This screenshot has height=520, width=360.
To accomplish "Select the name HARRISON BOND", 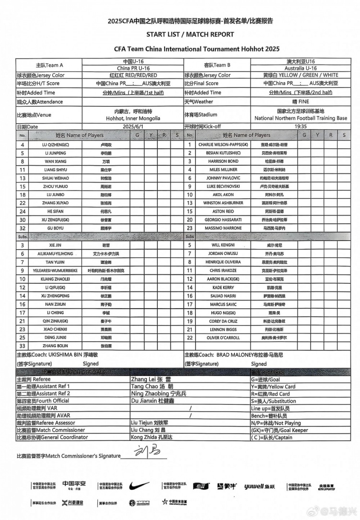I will pos(224,161).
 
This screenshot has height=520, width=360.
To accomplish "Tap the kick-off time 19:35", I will pos(301,126).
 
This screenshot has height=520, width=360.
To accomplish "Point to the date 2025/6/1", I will pos(133,126).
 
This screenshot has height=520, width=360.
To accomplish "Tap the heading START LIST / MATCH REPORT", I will pos(191,35).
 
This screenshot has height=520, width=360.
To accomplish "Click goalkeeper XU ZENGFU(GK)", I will pos(54,220).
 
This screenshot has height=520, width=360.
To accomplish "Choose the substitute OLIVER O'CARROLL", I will pos(224,338).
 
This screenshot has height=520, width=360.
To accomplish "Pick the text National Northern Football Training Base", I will pos(301,118).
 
